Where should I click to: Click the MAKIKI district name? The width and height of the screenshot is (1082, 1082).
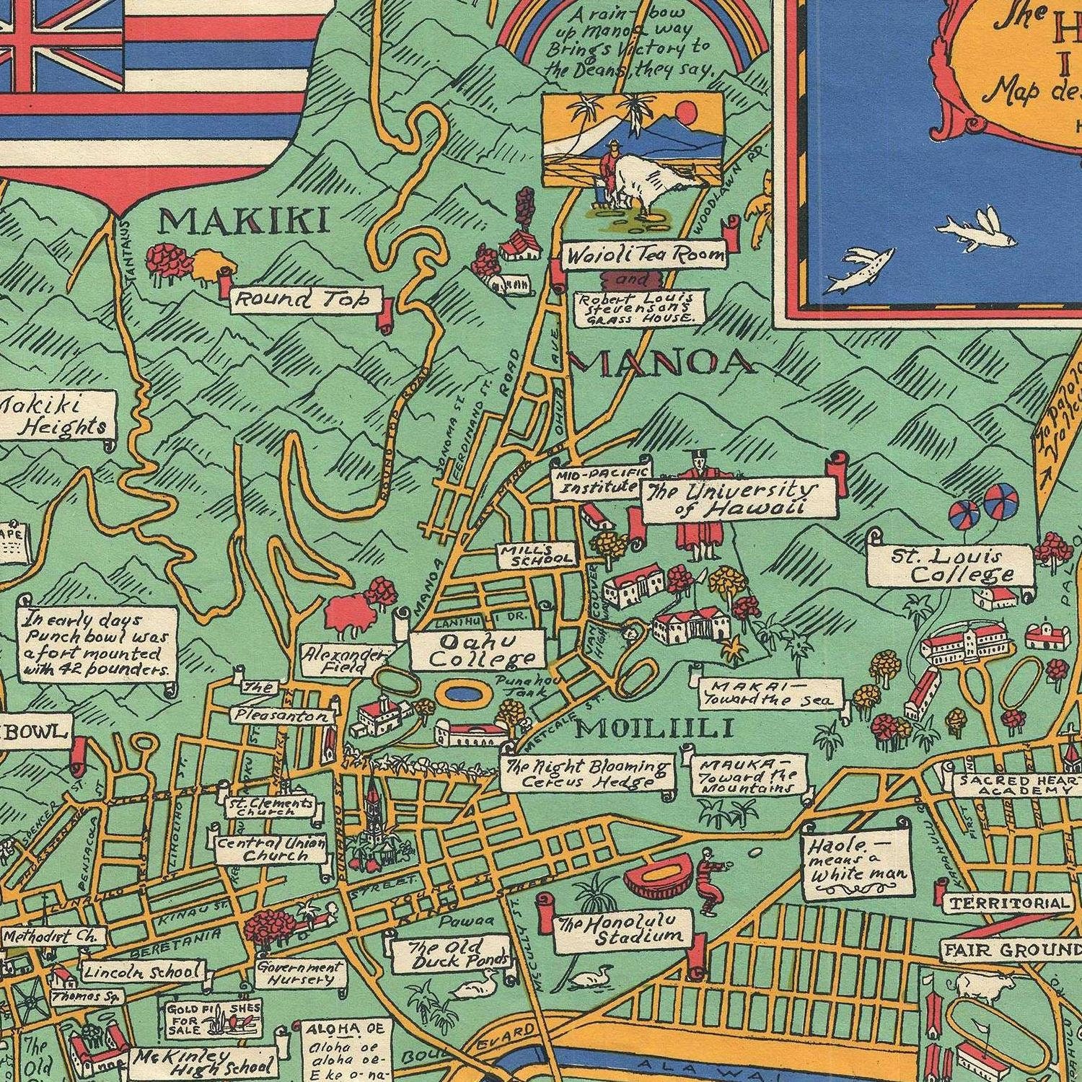coord(243,221)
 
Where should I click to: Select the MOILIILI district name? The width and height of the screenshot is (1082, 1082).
coord(654,729)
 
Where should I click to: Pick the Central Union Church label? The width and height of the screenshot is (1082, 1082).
coord(264,849)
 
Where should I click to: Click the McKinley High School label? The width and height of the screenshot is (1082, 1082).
coord(203,1063)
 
